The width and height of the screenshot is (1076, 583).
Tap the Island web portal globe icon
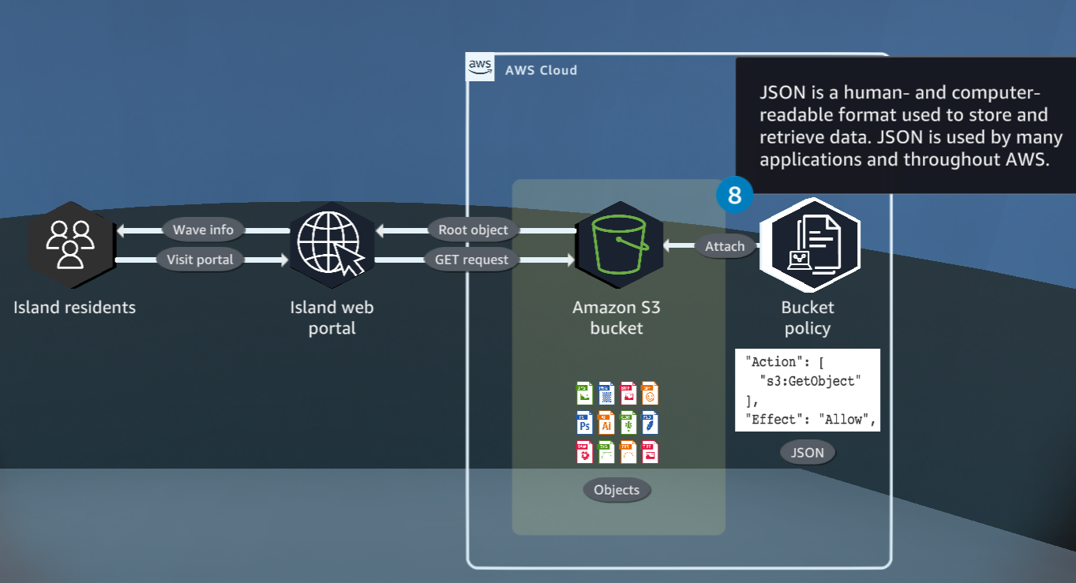pyautogui.click(x=332, y=245)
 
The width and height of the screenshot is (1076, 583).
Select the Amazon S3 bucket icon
pyautogui.click(x=616, y=245)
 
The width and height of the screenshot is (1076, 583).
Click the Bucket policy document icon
pyautogui.click(x=809, y=245)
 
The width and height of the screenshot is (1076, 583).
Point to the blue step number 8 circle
pyautogui.click(x=734, y=195)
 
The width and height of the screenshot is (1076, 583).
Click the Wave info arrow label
pyautogui.click(x=203, y=230)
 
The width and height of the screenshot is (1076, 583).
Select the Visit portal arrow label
pyautogui.click(x=200, y=260)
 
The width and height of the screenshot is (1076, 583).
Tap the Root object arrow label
pyautogui.click(x=473, y=230)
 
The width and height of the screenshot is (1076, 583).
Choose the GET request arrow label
pyautogui.click(x=472, y=260)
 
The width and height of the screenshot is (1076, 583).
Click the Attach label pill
pyautogui.click(x=725, y=246)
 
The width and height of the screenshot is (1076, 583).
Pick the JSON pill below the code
pyautogui.click(x=807, y=453)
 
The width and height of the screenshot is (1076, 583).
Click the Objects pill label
pyautogui.click(x=617, y=490)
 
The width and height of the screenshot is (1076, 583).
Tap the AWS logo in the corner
pyautogui.click(x=480, y=67)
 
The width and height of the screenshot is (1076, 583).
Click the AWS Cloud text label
pyautogui.click(x=541, y=70)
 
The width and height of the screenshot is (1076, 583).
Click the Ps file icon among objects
pyautogui.click(x=584, y=423)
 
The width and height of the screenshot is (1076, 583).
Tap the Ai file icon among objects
pyautogui.click(x=605, y=423)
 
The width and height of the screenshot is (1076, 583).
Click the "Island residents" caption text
pyautogui.click(x=74, y=308)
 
